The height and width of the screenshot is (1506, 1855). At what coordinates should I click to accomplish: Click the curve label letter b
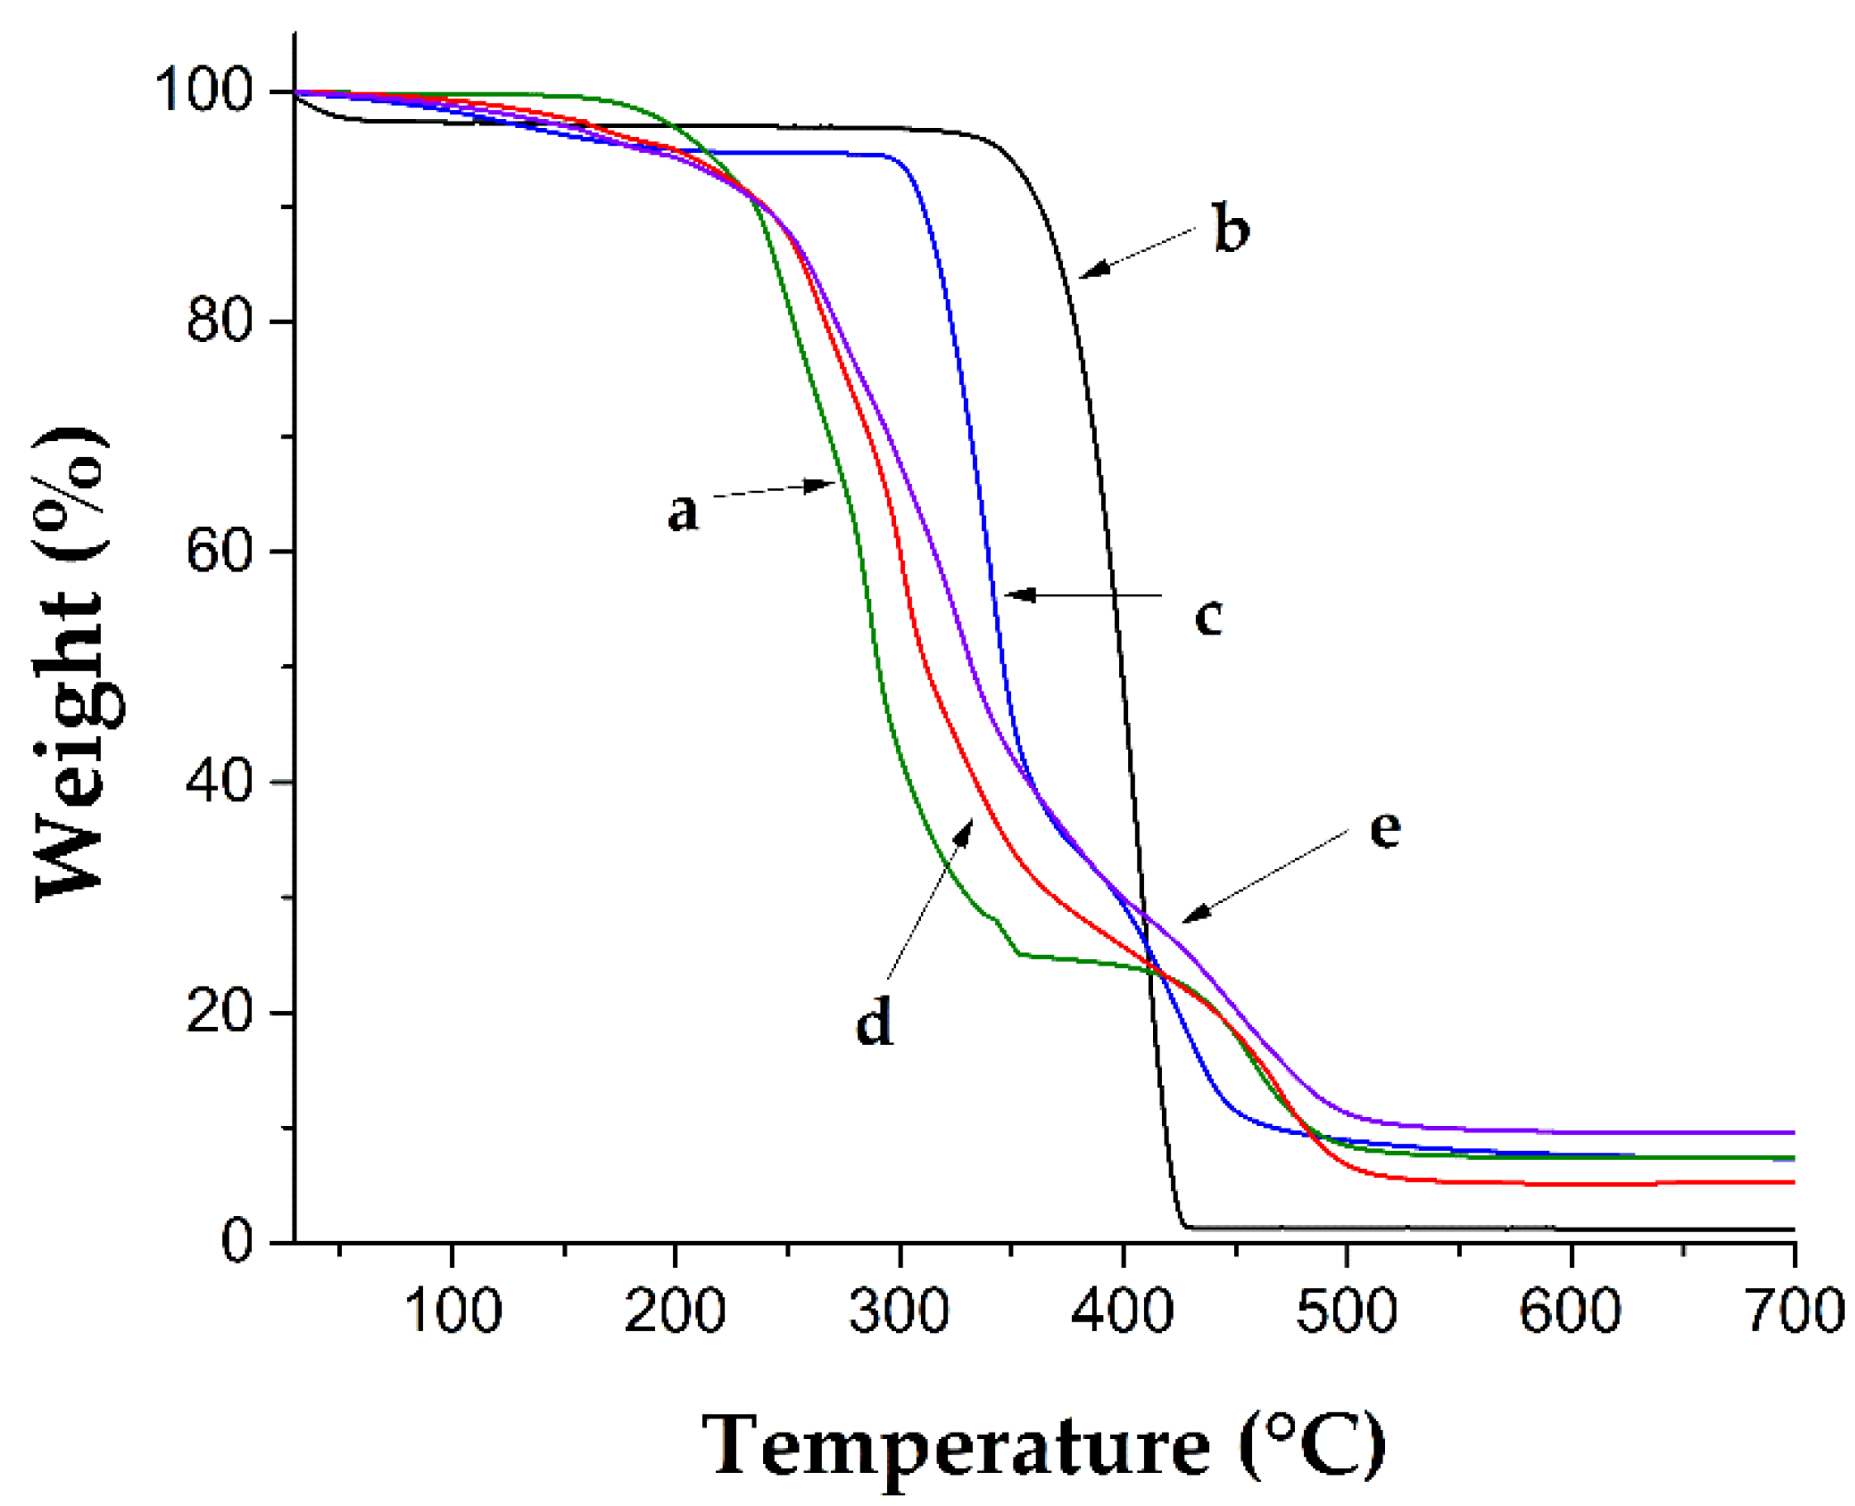coord(1231,230)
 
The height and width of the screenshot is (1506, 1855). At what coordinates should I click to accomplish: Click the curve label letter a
coord(682,512)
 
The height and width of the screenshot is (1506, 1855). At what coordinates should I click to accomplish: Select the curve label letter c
coord(1208,617)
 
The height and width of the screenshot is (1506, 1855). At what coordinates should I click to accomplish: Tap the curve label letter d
coord(873,1020)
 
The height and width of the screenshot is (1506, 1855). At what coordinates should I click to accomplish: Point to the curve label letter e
coord(1384,829)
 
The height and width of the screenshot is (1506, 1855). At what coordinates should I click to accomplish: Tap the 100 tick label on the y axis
coord(204,90)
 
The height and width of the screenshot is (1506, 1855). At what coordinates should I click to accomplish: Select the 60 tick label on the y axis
coord(219,552)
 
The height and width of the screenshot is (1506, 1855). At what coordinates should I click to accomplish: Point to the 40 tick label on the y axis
coord(219,782)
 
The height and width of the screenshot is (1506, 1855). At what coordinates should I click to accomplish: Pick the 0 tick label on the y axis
coord(236,1242)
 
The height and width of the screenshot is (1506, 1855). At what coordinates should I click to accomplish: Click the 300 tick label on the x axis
coord(899,1310)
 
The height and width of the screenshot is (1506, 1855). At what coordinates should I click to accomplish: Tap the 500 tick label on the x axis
coord(1346,1310)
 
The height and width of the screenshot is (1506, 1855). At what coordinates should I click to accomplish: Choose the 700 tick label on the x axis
coord(1793,1310)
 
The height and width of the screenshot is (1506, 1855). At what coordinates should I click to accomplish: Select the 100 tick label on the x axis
coord(452,1310)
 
